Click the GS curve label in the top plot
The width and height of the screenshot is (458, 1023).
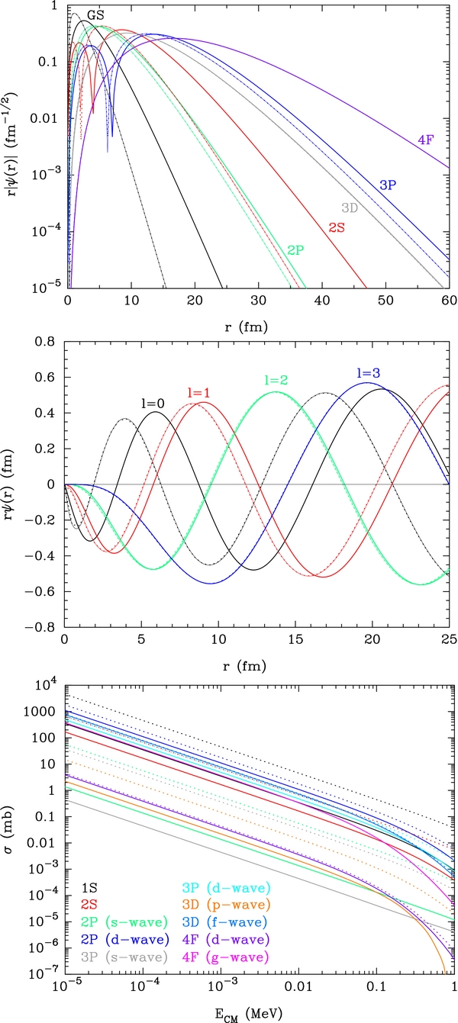point(95,14)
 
